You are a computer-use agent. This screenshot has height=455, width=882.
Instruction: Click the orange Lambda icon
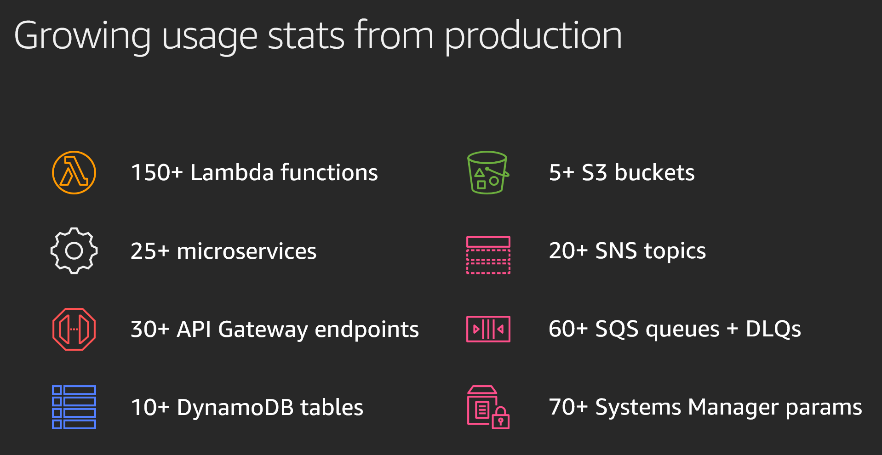[x=74, y=172]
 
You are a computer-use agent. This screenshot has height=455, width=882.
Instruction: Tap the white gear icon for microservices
[x=74, y=250]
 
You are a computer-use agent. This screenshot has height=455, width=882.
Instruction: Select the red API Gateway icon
[x=74, y=329]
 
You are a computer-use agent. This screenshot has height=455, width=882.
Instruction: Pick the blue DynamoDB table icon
[x=74, y=407]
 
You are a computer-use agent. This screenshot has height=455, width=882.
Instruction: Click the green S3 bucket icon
[x=488, y=172]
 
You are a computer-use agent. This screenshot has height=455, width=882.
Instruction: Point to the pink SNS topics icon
[x=488, y=255]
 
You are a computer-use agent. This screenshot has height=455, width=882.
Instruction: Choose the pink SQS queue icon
[x=488, y=329]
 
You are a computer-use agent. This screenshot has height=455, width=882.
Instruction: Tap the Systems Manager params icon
[x=488, y=407]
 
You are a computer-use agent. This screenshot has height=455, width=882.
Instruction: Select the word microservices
[x=246, y=251]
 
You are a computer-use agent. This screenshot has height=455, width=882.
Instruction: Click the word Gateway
[x=263, y=330]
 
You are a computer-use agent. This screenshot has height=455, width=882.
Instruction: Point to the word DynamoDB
[x=235, y=408]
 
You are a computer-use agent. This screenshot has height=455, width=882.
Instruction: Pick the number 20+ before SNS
[x=568, y=251]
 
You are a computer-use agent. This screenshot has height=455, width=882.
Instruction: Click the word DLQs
[x=773, y=329]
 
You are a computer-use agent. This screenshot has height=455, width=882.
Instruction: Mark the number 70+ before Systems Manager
[x=568, y=407]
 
